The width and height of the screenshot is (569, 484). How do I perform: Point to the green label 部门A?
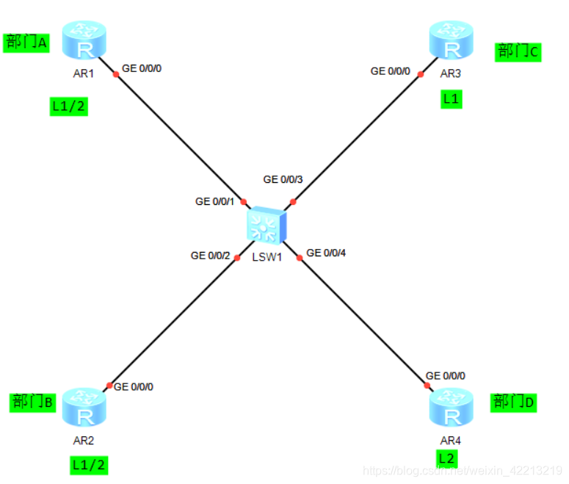tap(27, 43)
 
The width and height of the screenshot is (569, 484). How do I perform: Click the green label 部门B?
tap(33, 402)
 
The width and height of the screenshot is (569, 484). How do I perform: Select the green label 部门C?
tap(518, 51)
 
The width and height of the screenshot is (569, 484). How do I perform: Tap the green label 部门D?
tap(514, 402)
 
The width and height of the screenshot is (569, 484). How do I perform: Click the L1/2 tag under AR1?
tap(68, 106)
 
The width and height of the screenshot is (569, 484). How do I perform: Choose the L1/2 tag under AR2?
tap(89, 464)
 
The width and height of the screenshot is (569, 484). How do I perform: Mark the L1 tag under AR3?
tap(452, 98)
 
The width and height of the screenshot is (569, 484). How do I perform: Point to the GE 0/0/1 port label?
tap(214, 201)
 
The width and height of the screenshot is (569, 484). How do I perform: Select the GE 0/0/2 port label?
tap(210, 256)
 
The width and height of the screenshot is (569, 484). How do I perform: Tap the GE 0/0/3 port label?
tap(283, 179)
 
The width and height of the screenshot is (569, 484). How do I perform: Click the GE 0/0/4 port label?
tap(326, 253)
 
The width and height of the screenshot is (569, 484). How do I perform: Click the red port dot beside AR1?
tap(116, 73)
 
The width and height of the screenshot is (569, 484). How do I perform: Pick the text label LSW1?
tap(267, 257)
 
